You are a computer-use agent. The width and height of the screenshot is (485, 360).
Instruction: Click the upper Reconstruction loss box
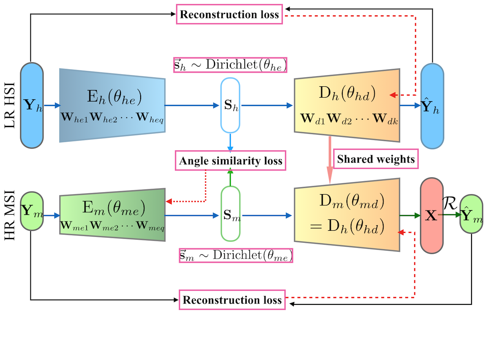coord(229,15)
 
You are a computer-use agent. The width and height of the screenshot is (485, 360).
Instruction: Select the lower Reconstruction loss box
coord(232,300)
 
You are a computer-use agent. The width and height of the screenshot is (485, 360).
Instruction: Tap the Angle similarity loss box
coord(231,161)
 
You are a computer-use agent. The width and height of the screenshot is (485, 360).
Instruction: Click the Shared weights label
coord(376,159)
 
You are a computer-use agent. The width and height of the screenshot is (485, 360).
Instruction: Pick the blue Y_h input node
coord(32,105)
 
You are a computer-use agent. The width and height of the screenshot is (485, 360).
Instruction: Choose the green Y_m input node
coord(32,211)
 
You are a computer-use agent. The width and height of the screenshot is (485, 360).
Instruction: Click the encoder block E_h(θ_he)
coord(112,105)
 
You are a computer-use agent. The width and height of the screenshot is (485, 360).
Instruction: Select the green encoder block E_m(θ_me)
coord(112,215)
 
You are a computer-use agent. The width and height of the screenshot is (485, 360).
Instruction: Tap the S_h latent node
coord(230,105)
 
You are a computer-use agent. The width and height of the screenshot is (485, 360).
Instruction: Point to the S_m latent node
coord(231,216)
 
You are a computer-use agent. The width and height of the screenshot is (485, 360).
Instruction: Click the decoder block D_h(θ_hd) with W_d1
coord(347,105)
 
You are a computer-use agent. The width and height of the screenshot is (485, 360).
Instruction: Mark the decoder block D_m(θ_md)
coord(347,216)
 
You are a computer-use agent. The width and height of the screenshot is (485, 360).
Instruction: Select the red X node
coord(432,215)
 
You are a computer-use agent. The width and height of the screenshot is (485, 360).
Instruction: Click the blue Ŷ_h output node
coord(433,106)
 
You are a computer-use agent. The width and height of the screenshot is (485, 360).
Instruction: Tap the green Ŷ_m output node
coord(472,214)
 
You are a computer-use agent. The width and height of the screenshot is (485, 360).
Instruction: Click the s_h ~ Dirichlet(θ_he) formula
coord(230,65)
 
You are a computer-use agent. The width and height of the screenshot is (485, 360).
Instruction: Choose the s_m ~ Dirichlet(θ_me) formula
coord(236,255)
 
